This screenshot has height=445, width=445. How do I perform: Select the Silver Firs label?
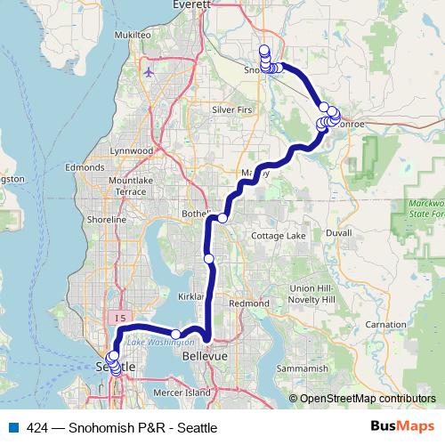pos(233,109)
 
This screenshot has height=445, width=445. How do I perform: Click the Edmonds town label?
pos(84,166)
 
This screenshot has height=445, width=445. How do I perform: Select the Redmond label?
pos(249,303)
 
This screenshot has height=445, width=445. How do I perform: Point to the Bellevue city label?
pos(206,355)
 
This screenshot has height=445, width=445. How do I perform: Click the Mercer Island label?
pos(184,392)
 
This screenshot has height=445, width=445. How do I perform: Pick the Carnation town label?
pos(385,325)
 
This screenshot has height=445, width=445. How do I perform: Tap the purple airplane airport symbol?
pos(148,71)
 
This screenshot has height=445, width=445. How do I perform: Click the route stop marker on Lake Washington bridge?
pos(176,334)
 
